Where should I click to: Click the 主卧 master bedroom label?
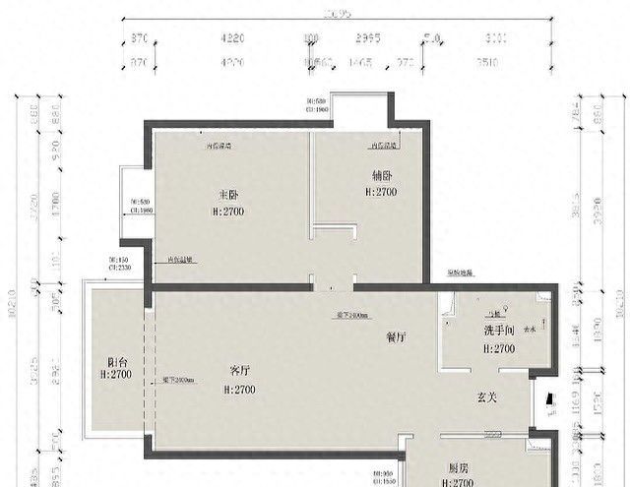coord(228,194)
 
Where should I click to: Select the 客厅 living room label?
coord(239,371)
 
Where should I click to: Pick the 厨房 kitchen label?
coord(459,470)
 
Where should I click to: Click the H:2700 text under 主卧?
coord(228,212)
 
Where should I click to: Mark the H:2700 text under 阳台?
coord(116,375)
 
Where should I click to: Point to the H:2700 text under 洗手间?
coord(499,348)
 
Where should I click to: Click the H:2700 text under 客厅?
coord(239,390)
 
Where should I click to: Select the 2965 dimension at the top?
coord(368,39)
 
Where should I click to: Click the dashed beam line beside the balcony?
coord(145,369)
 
